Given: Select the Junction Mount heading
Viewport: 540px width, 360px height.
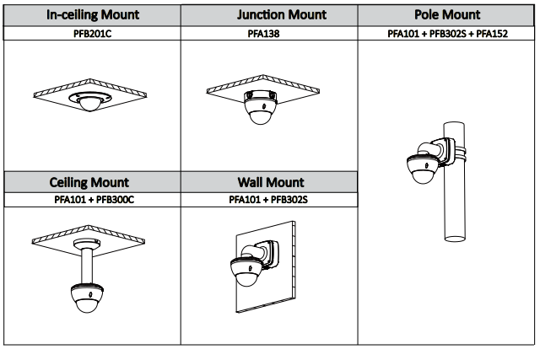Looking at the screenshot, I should [x=269, y=15].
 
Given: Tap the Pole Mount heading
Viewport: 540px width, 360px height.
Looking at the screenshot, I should [x=448, y=15].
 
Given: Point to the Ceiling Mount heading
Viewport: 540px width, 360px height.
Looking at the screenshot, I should [x=89, y=182].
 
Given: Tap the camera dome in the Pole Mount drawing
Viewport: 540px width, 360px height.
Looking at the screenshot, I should [x=419, y=173].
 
